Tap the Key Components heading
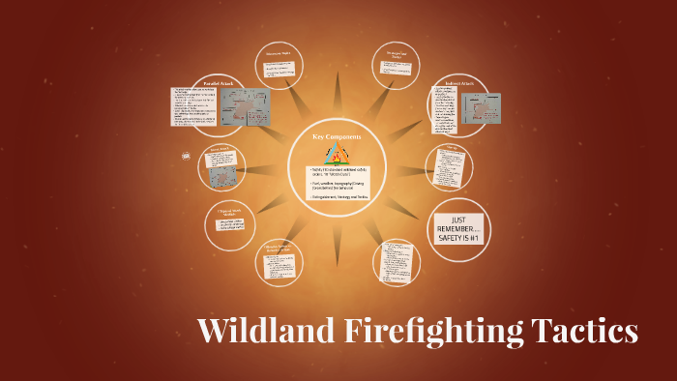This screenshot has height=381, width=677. point(337,136)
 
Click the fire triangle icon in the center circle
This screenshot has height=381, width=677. point(338,154)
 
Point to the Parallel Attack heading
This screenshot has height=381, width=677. point(219,84)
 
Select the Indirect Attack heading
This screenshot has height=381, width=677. point(456,84)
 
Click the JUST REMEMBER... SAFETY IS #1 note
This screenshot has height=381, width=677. point(456,227)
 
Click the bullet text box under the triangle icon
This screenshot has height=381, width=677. point(337,184)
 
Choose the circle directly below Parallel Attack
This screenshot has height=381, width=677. point(221,166)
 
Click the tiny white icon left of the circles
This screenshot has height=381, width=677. point(185,156)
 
